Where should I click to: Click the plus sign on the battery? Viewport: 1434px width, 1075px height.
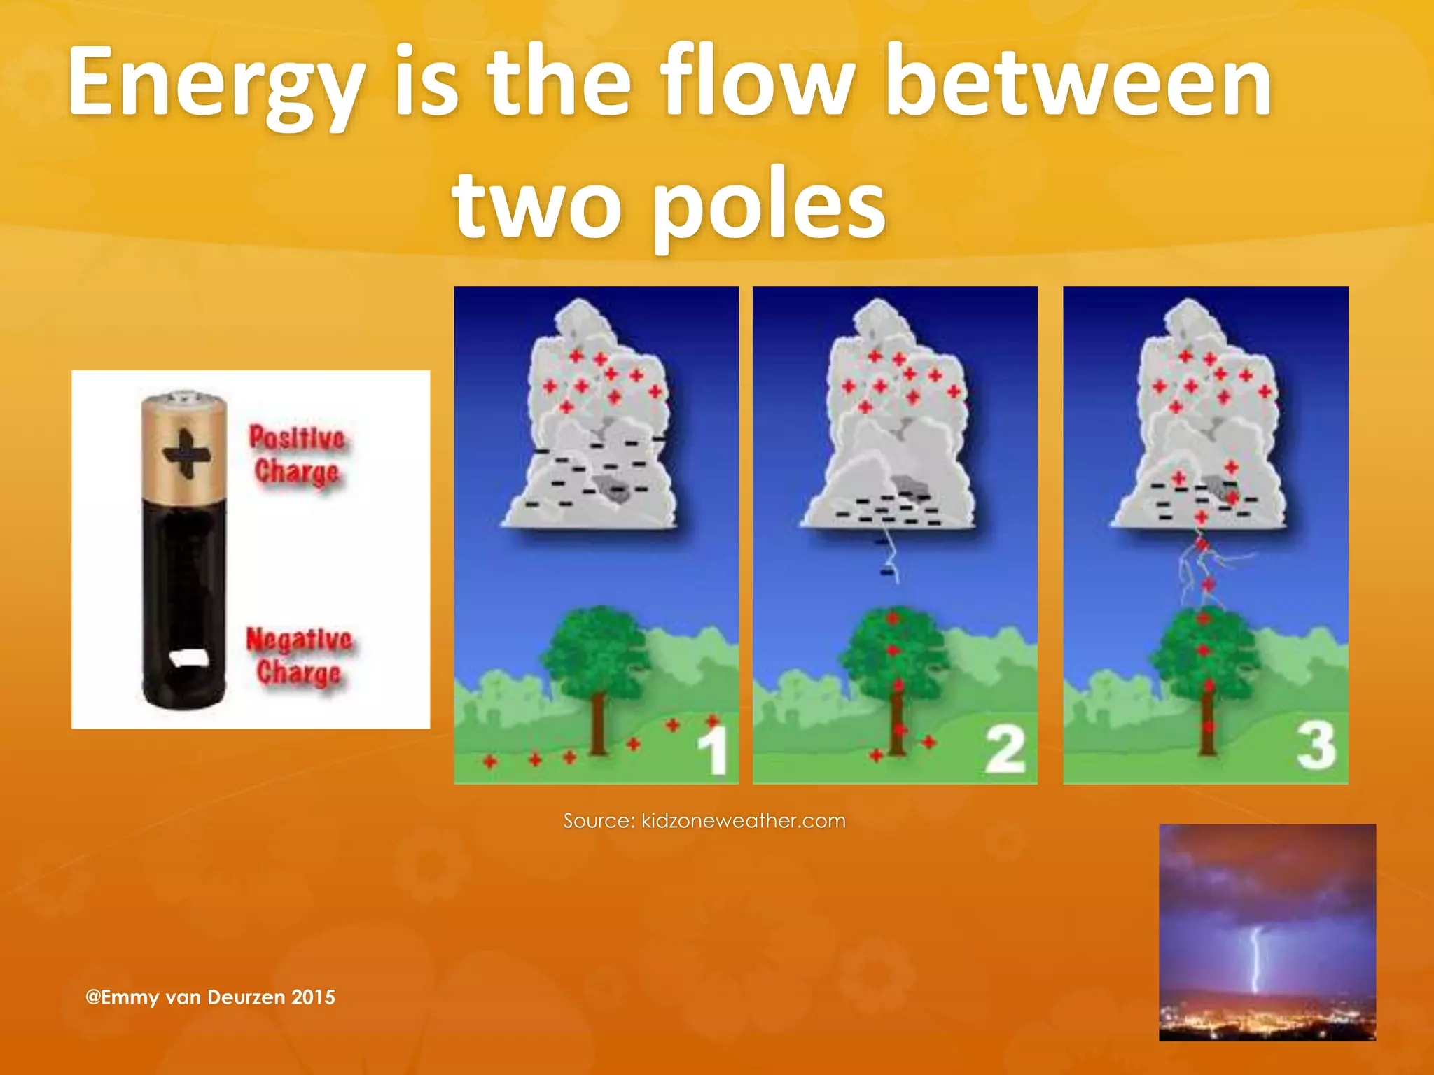point(186,454)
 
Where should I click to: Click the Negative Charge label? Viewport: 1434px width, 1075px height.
point(298,655)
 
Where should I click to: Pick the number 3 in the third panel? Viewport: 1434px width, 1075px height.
point(1316,745)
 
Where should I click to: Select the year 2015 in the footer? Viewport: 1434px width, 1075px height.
point(313,997)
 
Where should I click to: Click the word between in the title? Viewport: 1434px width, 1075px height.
point(1078,83)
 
